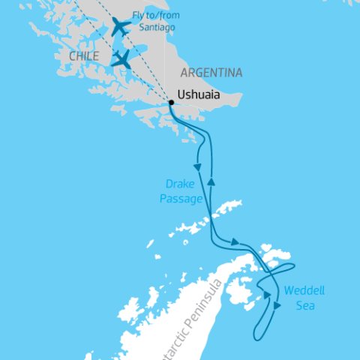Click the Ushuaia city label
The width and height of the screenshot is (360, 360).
(202, 95)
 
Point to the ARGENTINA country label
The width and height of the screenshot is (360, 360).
(211, 73)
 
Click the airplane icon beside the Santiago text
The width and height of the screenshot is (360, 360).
(120, 27)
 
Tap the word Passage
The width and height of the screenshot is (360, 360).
(181, 199)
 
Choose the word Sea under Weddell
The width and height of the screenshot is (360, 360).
(305, 306)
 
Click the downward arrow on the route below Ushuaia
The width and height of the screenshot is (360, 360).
(198, 164)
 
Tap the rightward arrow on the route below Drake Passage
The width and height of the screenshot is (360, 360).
(236, 241)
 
